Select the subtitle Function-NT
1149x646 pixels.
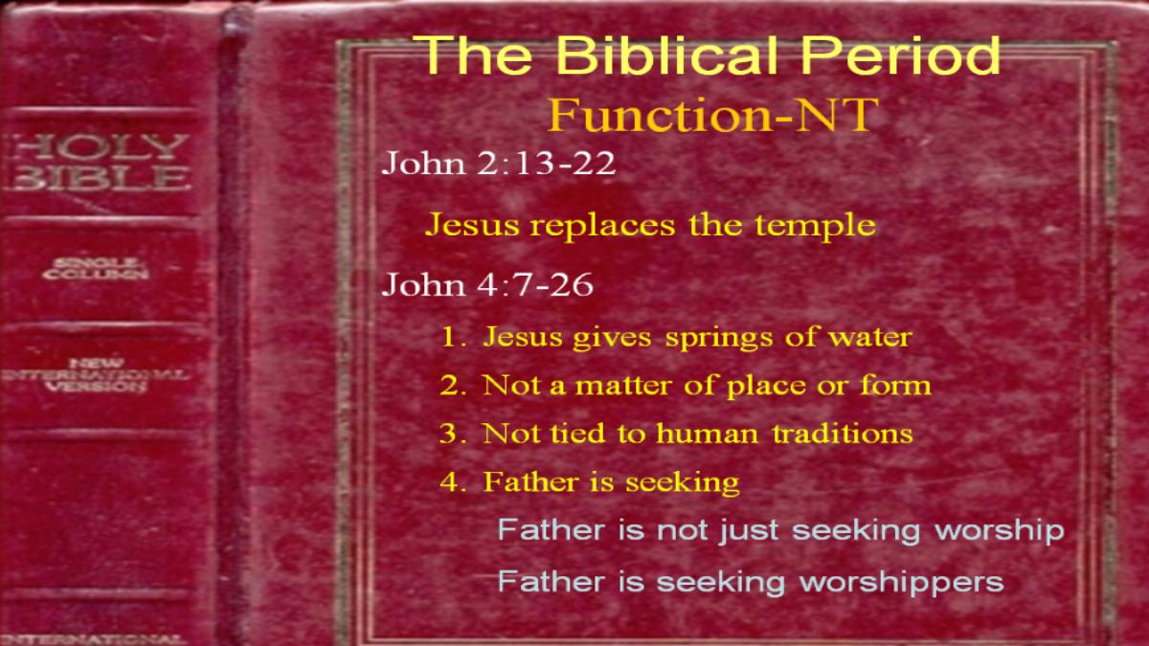coord(712,116)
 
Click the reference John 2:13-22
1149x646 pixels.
coord(498,164)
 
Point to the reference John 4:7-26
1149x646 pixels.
coord(487,284)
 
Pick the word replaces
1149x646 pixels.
coord(602,226)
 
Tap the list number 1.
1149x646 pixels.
coord(453,337)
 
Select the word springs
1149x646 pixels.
coord(719,339)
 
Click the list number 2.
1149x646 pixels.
coord(453,385)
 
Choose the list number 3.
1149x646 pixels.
coord(453,434)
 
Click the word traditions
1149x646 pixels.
coord(843,434)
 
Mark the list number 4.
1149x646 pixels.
coord(453,482)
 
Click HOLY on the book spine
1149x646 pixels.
coord(100,147)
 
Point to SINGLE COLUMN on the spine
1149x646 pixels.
coord(96,269)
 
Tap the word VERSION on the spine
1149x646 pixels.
coord(96,386)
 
